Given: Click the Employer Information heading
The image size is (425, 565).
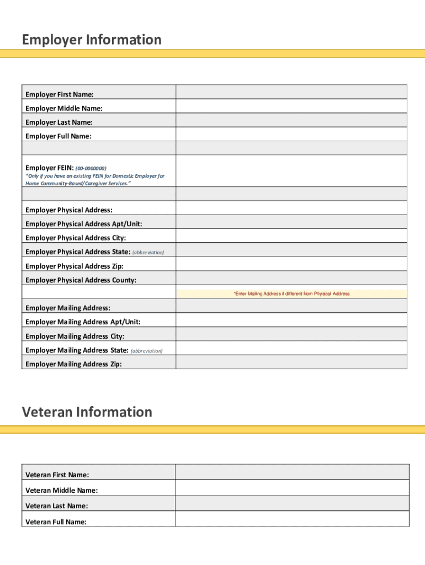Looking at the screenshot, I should tap(92, 40).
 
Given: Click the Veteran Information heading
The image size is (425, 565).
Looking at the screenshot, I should tap(87, 412).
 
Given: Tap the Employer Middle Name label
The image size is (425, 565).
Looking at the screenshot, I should tap(64, 109).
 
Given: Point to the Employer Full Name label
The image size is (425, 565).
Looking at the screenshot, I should tap(59, 136).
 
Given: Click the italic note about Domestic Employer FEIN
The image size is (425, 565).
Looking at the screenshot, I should tap(95, 179).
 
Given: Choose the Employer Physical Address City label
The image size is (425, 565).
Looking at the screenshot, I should tap(76, 238).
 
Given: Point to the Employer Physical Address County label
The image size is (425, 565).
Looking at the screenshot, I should tap(81, 280).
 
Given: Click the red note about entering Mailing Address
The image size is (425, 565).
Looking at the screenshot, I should tap(291, 294).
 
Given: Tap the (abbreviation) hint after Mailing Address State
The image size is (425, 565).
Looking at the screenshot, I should tap(146, 351).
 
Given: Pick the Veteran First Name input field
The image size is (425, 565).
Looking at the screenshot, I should tap(292, 472).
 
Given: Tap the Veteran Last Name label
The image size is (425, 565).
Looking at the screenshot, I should tap(57, 506).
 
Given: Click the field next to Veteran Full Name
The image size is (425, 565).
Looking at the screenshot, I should tap(292, 519).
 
